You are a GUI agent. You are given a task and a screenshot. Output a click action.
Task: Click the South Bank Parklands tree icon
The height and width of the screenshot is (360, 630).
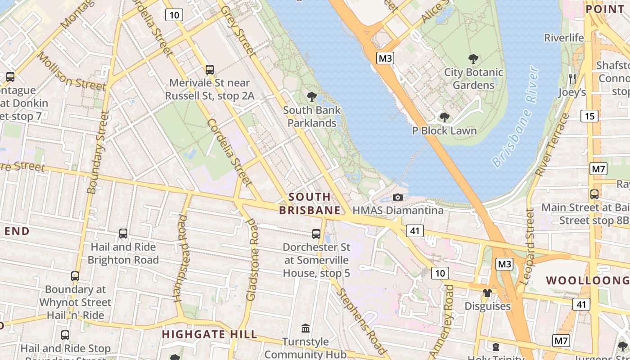click(311, 96)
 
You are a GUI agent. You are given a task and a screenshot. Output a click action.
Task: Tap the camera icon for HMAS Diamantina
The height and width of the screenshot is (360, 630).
click(397, 197)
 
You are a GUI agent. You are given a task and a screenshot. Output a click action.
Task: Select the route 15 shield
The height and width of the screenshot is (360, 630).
click(589, 117)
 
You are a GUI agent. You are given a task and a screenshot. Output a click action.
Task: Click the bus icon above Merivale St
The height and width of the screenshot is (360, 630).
click(209, 70)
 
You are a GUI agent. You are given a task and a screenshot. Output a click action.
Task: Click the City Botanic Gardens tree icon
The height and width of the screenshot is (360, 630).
click(473, 59)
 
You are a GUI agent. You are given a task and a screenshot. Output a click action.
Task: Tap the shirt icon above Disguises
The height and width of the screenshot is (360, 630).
click(487, 293)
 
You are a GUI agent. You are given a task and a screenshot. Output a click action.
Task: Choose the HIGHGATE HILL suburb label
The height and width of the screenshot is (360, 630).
click(210, 334)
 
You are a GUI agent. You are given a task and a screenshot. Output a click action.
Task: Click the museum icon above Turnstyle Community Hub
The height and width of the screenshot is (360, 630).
click(306, 328)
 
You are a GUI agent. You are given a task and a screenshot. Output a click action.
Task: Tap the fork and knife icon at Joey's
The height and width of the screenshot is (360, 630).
click(572, 79)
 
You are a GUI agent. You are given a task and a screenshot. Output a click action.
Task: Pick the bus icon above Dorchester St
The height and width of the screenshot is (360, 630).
click(316, 234)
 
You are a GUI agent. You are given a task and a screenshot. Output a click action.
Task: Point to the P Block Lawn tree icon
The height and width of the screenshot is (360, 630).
click(444, 117)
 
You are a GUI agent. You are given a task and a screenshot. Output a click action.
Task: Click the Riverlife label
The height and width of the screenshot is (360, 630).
click(563, 38)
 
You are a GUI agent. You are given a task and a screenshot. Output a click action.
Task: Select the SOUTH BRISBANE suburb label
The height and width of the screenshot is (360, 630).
click(310, 203)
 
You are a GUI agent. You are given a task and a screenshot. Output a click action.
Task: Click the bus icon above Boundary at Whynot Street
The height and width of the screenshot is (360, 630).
click(75, 276)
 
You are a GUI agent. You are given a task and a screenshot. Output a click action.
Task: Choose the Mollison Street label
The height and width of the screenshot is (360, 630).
click(72, 72)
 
